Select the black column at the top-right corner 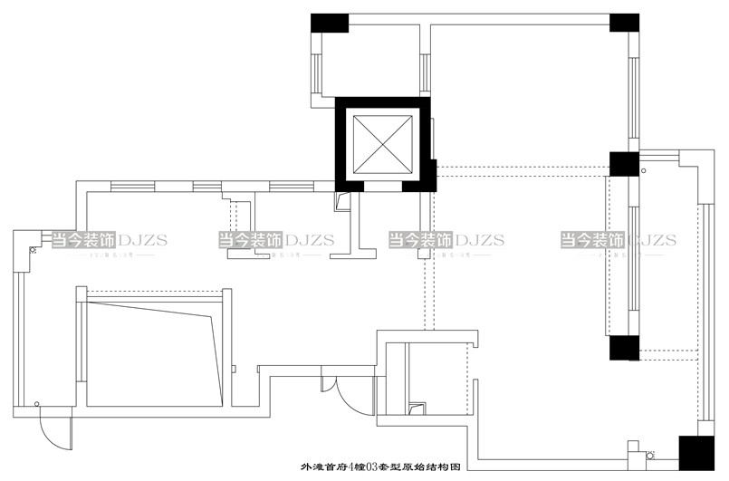[x=624, y=23]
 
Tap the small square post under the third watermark [x=422, y=255]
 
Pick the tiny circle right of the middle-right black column [x=644, y=168]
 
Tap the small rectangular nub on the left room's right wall [x=235, y=369]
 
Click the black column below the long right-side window [x=622, y=349]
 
